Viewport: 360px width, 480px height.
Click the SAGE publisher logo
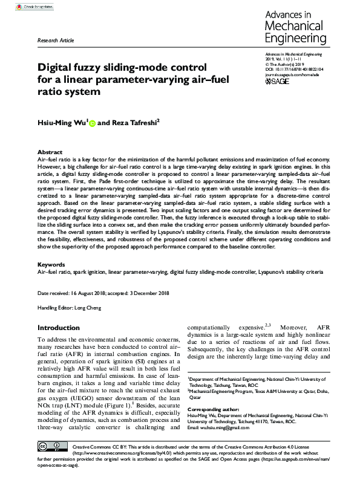pyautogui.click(x=279, y=80)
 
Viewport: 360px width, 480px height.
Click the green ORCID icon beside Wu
pyautogui.click(x=93, y=124)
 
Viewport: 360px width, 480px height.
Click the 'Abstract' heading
pyautogui.click(x=50, y=152)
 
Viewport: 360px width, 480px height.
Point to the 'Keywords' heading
pyautogui.click(x=51, y=265)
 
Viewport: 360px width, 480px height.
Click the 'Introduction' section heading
pyautogui.click(x=58, y=328)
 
